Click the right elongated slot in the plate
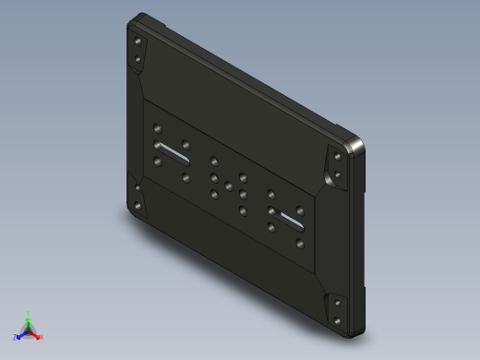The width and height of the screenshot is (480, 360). click(287, 218)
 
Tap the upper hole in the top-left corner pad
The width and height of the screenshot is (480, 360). click(138, 42)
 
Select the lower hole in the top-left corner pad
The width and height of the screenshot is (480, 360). click(138, 62)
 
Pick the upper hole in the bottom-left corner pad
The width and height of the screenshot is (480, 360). click(138, 188)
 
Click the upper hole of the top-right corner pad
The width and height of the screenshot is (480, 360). click(338, 157)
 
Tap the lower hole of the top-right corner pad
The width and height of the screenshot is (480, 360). click(338, 175)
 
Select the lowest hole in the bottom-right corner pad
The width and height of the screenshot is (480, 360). click(338, 320)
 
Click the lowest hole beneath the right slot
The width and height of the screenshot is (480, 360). click(300, 246)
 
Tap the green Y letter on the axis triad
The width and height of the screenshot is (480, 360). click(29, 313)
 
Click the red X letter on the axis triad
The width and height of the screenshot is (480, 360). click(42, 337)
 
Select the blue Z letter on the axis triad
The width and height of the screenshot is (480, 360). click(15, 337)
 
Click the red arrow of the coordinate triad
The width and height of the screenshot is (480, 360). click(35, 334)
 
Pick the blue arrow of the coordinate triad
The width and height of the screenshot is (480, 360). click(21, 334)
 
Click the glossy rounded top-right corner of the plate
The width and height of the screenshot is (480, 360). click(355, 146)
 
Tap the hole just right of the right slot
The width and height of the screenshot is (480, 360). click(300, 209)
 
